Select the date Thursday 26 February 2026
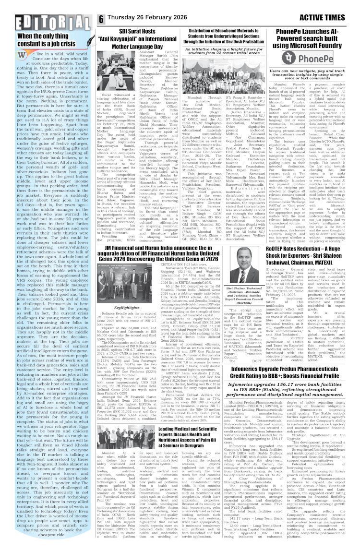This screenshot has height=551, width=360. pos(154,19)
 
